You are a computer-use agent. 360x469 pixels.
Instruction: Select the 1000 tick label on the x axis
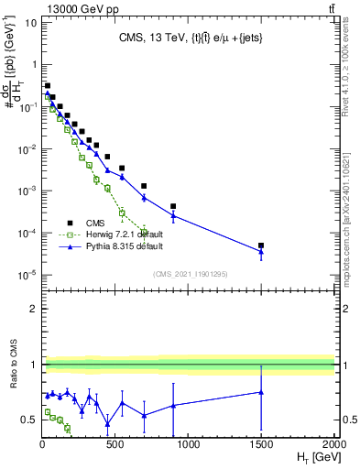(x=189, y=444)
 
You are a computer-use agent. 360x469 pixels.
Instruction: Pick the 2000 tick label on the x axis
(x=334, y=444)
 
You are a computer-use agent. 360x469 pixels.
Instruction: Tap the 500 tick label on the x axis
(x=115, y=444)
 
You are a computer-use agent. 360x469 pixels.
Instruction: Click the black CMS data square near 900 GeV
(x=173, y=207)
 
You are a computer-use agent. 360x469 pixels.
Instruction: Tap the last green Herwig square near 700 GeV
(x=144, y=231)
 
